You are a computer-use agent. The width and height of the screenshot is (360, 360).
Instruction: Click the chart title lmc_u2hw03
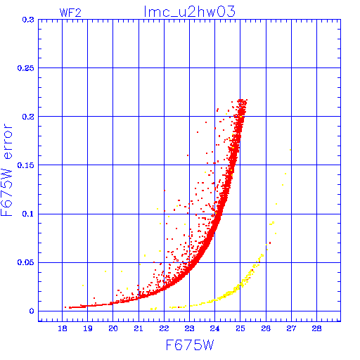[x=189, y=12]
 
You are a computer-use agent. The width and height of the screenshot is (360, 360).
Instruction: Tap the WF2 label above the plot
[x=70, y=13]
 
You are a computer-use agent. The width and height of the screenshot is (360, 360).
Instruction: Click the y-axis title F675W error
[x=6, y=170]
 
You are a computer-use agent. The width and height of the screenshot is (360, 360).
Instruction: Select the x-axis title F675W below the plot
[x=190, y=345]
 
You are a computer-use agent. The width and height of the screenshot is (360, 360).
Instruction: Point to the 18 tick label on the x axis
[x=63, y=328]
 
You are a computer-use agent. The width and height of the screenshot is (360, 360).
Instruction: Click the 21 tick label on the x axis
[x=139, y=328]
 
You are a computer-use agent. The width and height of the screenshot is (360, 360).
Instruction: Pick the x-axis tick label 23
[x=189, y=328]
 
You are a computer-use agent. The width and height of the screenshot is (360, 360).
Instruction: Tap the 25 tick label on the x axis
[x=240, y=328]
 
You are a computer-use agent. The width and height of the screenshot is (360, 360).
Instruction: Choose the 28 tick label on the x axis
[x=316, y=328]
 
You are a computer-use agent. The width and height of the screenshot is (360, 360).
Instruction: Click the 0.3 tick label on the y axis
[x=28, y=20]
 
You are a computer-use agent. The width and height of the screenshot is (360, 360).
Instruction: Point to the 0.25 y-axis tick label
[x=26, y=68]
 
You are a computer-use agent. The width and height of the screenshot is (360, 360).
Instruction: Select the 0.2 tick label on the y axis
[x=28, y=117]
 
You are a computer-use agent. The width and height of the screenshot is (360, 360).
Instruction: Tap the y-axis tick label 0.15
[x=26, y=165]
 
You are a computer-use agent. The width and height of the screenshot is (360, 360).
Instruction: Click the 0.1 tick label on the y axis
[x=28, y=214]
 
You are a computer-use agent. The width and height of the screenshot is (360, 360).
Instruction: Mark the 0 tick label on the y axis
[x=32, y=311]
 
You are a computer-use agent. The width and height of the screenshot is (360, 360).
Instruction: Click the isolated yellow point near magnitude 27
[x=290, y=150]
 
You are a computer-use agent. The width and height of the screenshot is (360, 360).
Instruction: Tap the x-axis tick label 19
[x=88, y=328]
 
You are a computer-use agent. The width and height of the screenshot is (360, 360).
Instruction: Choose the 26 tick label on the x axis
[x=266, y=328]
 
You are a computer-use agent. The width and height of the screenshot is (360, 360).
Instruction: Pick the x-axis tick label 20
[x=113, y=328]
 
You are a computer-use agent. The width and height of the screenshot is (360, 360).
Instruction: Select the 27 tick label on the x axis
[x=291, y=328]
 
